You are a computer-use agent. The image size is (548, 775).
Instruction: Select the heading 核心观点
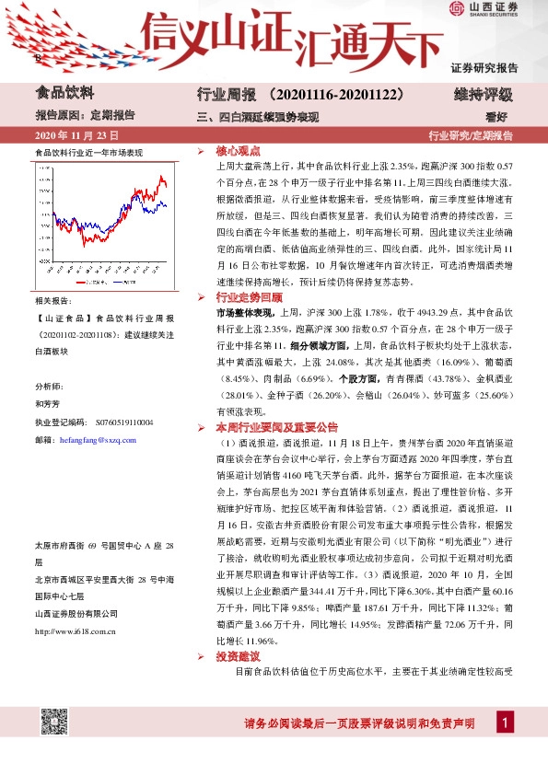[x=238, y=149]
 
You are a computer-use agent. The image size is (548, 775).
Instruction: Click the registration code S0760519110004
[x=123, y=422]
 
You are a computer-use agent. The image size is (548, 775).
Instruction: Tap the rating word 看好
[x=497, y=116]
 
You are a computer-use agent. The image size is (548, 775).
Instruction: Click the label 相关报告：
[x=52, y=301]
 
